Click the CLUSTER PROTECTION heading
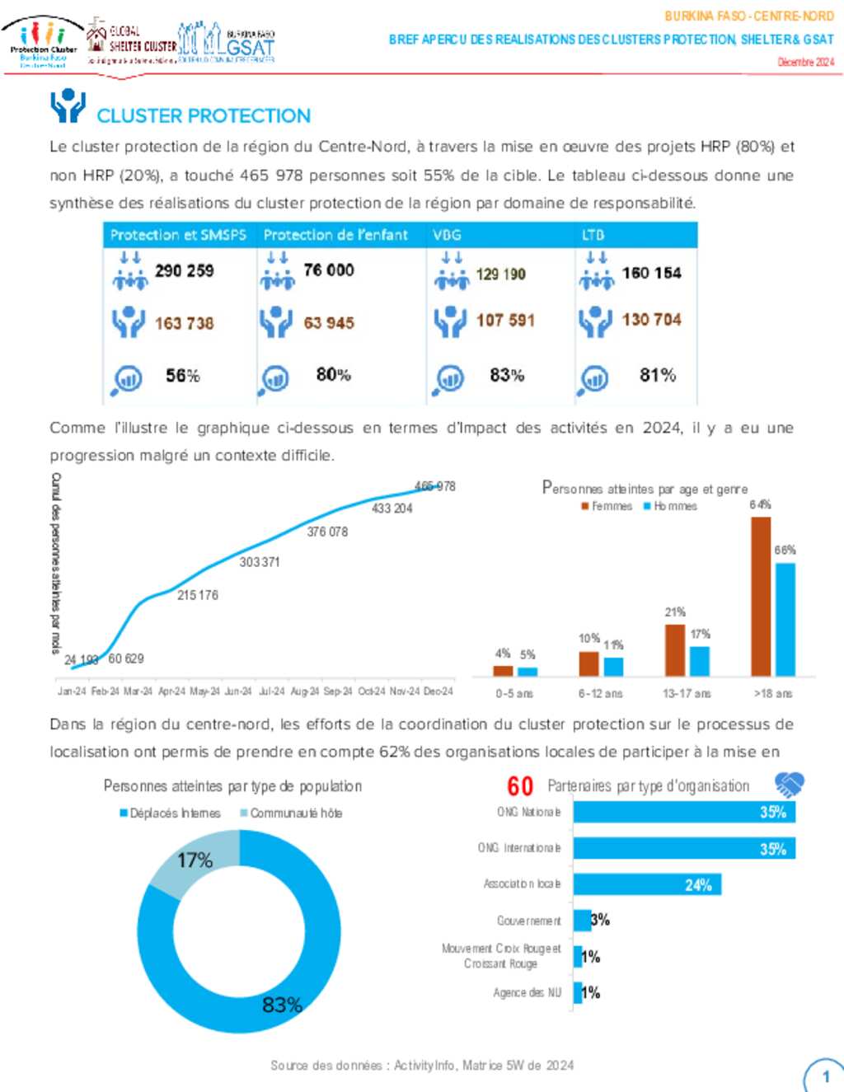(203, 115)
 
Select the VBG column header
(447, 235)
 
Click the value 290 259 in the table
(184, 270)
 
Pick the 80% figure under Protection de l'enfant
(333, 375)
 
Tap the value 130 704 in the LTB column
(651, 320)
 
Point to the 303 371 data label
(260, 562)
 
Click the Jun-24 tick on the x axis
(238, 691)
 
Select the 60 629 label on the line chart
(126, 658)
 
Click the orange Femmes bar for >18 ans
(760, 596)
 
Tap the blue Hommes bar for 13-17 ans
(699, 661)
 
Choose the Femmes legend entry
(607, 506)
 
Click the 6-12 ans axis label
(600, 694)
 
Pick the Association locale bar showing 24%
(647, 884)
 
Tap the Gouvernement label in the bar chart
(528, 921)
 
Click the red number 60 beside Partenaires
(520, 786)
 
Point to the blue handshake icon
(789, 785)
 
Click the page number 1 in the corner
(826, 1076)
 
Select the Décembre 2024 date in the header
(805, 62)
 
